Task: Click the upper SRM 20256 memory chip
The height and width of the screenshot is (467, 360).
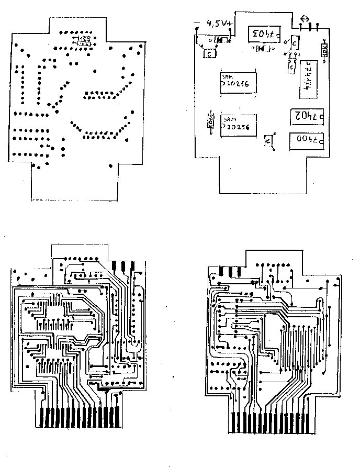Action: (x=238, y=83)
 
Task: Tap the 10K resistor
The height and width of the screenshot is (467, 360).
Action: (x=324, y=51)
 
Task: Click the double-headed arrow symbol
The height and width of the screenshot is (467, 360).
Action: (x=303, y=19)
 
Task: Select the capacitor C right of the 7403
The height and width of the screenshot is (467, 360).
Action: (x=295, y=42)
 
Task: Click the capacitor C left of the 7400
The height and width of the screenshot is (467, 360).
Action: (x=269, y=141)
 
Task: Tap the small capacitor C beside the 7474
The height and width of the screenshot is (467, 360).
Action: (x=291, y=66)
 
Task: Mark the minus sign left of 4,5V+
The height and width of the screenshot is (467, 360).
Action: (x=197, y=22)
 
